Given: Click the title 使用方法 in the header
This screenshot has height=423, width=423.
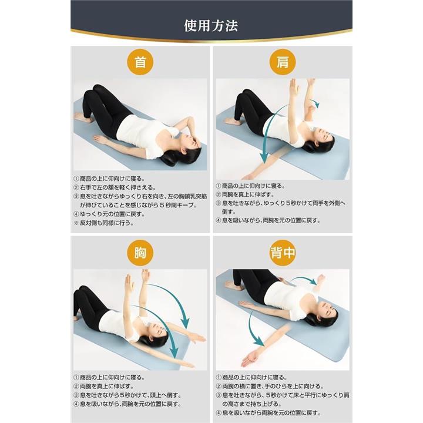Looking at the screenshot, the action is pos(211,26).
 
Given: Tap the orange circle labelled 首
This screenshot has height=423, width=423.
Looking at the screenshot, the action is pos(140,62).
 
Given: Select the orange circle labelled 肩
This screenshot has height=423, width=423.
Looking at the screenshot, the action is pos(283,62).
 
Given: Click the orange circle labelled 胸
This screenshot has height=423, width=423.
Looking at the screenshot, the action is pos(140,253).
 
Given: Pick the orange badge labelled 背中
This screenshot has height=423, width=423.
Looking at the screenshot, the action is pos(283,253).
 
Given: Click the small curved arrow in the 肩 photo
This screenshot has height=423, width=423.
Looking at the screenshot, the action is pos(314,103).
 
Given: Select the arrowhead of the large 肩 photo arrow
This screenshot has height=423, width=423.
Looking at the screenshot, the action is pos(264,158).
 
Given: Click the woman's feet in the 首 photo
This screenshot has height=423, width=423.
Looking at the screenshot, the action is pos(83,117).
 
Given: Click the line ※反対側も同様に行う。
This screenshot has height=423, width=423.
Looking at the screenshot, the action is pos(103,223).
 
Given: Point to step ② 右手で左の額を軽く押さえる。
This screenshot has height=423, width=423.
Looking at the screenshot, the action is pos(115,187).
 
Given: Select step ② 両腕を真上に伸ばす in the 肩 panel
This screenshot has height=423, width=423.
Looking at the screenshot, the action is pos(245,194).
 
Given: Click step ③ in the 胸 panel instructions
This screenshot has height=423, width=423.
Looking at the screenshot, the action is pos(127,395).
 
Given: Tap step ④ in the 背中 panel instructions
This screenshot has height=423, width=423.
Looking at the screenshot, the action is pos(268,413).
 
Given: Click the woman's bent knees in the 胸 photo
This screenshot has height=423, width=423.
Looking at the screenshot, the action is pos(86,292).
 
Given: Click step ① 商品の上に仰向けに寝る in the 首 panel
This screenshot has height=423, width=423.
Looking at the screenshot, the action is pos(109,179).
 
